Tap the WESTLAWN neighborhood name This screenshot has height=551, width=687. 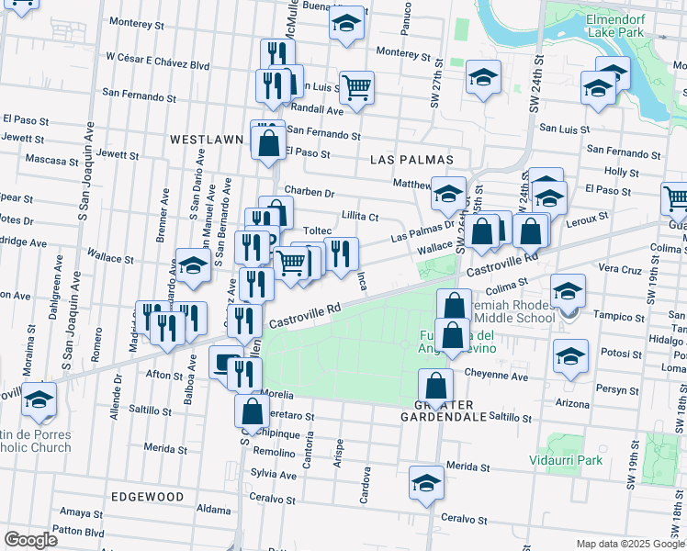click(x=206, y=140)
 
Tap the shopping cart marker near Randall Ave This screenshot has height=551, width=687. click(x=356, y=88)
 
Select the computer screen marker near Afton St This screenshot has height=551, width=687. click(x=224, y=363)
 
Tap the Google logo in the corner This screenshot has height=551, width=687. click(x=30, y=540)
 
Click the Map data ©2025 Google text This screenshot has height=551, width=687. click(x=629, y=544)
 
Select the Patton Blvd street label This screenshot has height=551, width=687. click(x=78, y=531)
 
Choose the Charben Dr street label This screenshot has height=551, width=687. click(x=310, y=192)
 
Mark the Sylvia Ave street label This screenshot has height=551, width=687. click(x=274, y=475)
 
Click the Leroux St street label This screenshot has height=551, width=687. click(x=590, y=217)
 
